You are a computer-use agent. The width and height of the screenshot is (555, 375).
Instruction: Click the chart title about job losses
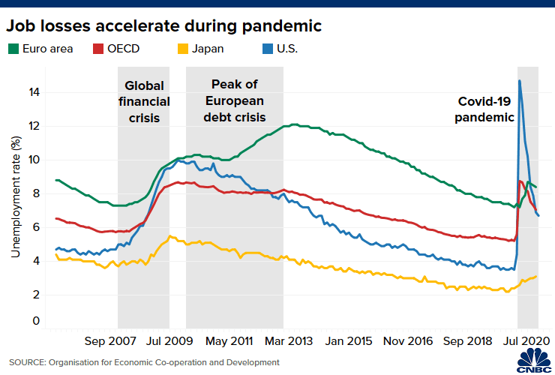(x=164, y=26)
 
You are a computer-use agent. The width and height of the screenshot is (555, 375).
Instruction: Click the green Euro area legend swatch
(x=13, y=49)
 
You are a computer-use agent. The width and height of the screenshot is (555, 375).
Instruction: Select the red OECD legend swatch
(x=97, y=49)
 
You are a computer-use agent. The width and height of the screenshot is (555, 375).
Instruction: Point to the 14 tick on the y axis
(x=35, y=92)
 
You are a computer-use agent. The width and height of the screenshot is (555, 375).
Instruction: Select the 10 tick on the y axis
(x=35, y=160)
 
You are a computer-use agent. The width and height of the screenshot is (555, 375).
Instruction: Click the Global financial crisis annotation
(x=143, y=101)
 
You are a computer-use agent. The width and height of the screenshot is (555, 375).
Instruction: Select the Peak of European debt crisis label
(x=234, y=101)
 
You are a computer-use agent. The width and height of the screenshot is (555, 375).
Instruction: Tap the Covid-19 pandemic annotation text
(x=486, y=109)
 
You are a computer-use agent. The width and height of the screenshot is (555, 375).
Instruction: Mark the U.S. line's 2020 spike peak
(x=519, y=81)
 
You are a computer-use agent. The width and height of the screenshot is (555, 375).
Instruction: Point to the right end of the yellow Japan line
(x=536, y=276)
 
